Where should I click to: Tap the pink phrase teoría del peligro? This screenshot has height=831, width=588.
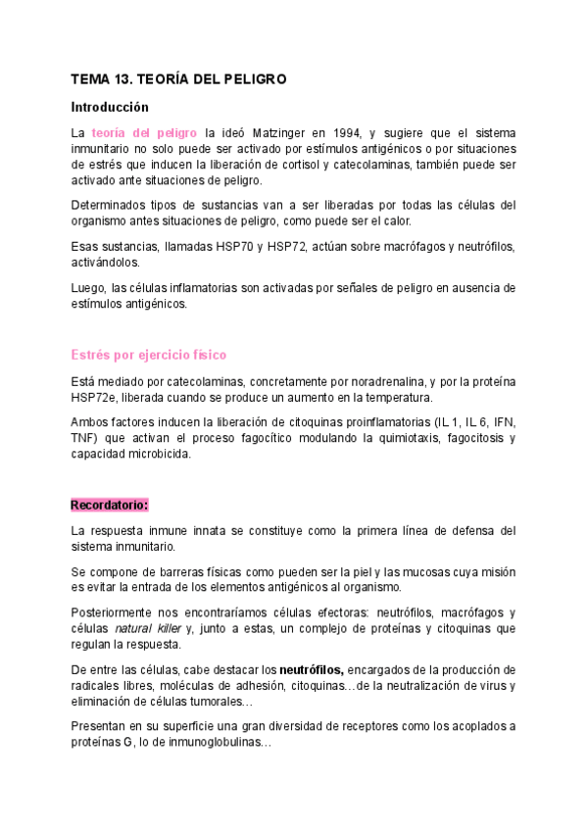click(145, 132)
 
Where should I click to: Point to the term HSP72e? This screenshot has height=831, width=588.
click(96, 396)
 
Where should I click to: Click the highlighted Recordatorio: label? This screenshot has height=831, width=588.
click(110, 505)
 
